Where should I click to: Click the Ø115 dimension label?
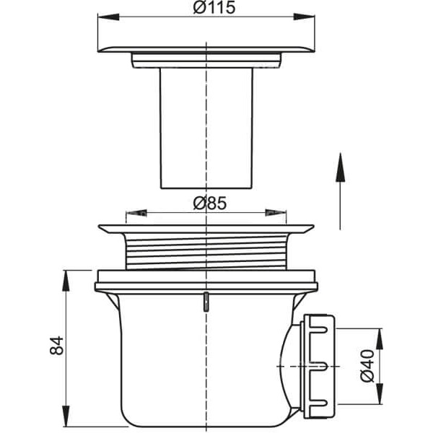pyautogui.click(x=214, y=7)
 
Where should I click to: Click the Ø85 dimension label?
pyautogui.click(x=210, y=203)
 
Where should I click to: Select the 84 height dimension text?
pyautogui.click(x=57, y=345)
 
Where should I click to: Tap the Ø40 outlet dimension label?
pyautogui.click(x=367, y=366)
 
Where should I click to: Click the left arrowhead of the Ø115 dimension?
pyautogui.click(x=108, y=17)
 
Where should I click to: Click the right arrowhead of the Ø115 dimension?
pyautogui.click(x=304, y=17)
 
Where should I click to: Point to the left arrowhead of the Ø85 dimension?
pyautogui.click(x=136, y=213)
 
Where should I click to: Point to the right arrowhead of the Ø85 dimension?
pyautogui.click(x=276, y=213)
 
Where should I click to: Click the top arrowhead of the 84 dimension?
pyautogui.click(x=66, y=281)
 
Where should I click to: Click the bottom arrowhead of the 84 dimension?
pyautogui.click(x=66, y=416)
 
